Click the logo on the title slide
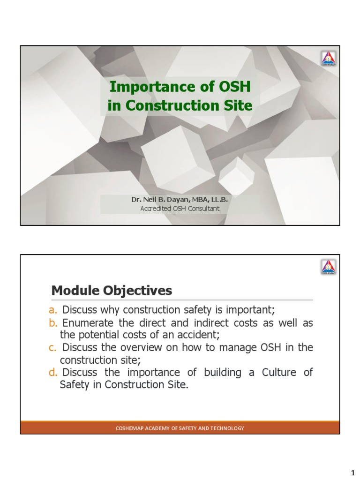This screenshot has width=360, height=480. click(328, 59)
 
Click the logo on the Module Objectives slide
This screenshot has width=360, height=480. click(328, 267)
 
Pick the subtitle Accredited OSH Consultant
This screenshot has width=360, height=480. click(180, 208)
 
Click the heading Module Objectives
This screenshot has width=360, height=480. click(112, 291)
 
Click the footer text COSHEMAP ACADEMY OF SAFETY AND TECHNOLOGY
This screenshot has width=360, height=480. click(180, 428)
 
